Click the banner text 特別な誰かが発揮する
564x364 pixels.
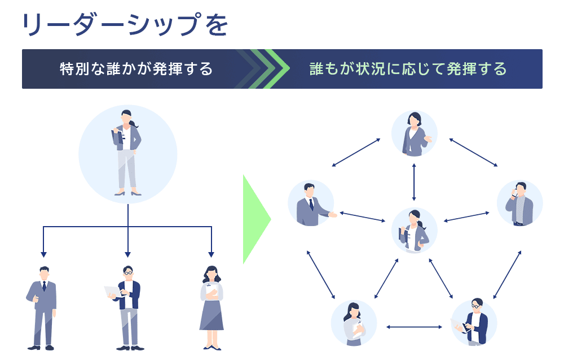click(x=136, y=69)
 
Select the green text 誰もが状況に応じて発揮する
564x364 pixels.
click(x=408, y=69)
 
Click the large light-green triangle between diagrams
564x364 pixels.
click(x=255, y=219)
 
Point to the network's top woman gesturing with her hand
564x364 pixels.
click(x=415, y=134)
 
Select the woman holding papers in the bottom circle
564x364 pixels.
click(x=354, y=323)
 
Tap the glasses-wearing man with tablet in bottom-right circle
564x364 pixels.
click(x=474, y=323)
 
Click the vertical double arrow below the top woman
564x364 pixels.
click(x=415, y=182)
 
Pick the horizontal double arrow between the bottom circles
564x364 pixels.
click(x=414, y=326)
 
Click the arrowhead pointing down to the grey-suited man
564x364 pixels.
click(x=43, y=254)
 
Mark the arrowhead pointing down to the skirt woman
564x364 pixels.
click(x=211, y=254)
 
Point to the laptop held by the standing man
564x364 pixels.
click(x=112, y=292)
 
